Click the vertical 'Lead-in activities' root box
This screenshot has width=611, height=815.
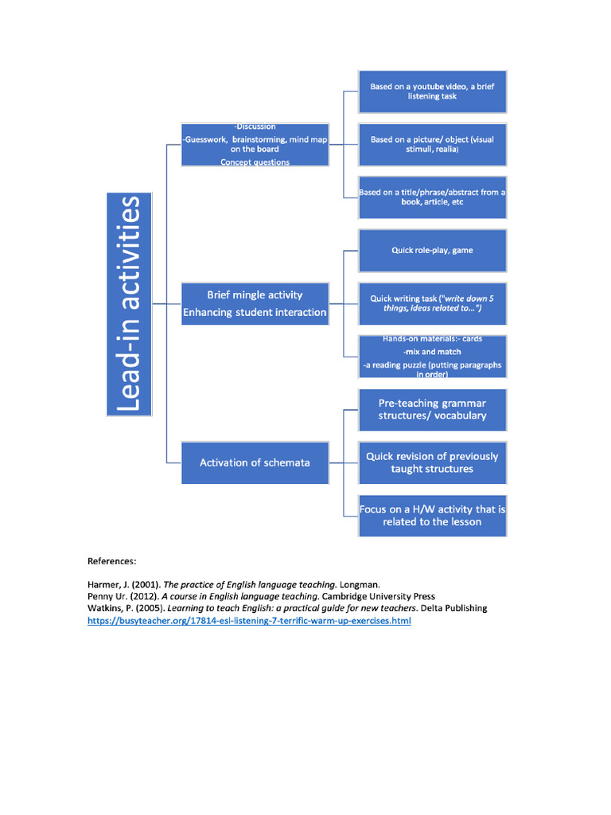click(130, 304)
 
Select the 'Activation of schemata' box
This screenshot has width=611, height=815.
click(255, 462)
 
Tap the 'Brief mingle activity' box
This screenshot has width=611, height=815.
click(255, 303)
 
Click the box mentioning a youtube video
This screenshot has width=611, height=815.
click(433, 92)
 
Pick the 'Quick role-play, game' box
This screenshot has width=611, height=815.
click(433, 251)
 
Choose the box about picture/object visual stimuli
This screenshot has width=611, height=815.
click(433, 144)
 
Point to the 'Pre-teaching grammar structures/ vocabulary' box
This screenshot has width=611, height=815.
click(433, 409)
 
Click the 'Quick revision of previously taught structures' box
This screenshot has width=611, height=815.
click(433, 462)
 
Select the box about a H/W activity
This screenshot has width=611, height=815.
click(433, 516)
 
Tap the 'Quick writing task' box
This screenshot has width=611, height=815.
click(433, 303)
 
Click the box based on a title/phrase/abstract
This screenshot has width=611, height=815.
click(433, 197)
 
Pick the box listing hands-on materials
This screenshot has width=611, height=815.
click(433, 357)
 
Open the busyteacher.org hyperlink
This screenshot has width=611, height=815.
click(249, 621)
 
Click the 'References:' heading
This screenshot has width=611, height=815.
click(111, 560)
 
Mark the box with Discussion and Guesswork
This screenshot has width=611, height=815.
click(255, 144)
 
